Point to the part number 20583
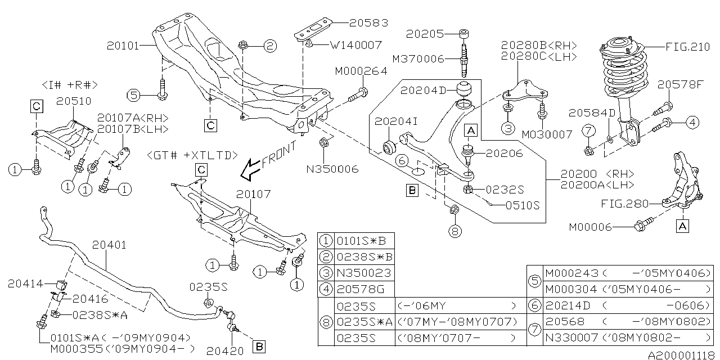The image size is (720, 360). point(368,23)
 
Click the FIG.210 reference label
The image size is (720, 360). point(687,47)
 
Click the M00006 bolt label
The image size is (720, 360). point(590,227)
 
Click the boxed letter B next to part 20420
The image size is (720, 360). point(259,344)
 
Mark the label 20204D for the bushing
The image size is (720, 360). point(423,90)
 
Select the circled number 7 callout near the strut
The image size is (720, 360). point(588,132)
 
